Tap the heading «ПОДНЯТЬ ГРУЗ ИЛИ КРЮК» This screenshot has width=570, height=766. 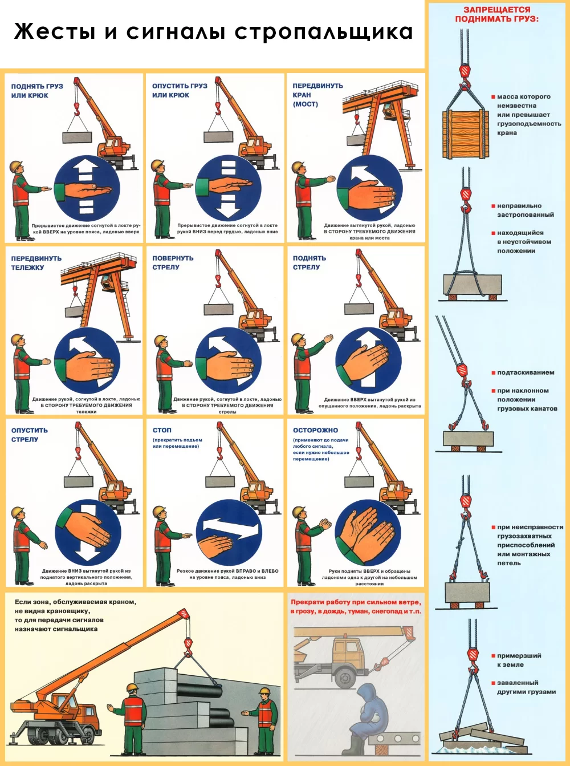coord(37,91)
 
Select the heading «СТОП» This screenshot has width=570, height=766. coord(162,430)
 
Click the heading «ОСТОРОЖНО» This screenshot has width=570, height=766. coord(315,430)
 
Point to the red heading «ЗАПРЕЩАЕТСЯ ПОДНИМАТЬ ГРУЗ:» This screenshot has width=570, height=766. coord(496,14)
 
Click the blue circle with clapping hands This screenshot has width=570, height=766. coord(368,533)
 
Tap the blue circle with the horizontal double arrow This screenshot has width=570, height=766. coord(229,532)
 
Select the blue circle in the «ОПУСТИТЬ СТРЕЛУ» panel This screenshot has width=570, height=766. coord(88,532)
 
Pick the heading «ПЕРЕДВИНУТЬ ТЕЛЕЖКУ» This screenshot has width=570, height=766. coord(36,263)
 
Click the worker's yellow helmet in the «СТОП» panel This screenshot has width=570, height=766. coord(160,511)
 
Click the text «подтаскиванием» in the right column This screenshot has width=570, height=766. coord(525,372)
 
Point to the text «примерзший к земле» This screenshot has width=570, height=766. coord(518,660)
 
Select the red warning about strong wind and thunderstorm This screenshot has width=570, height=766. coord(356,606)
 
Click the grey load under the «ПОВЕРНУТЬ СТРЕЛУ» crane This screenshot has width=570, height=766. coord(218,309)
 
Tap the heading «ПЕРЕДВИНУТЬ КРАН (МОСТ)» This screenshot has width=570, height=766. coord(317,95)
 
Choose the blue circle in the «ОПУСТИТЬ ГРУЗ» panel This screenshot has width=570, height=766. coord(228,188)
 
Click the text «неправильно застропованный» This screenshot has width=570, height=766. coord(525,210)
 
